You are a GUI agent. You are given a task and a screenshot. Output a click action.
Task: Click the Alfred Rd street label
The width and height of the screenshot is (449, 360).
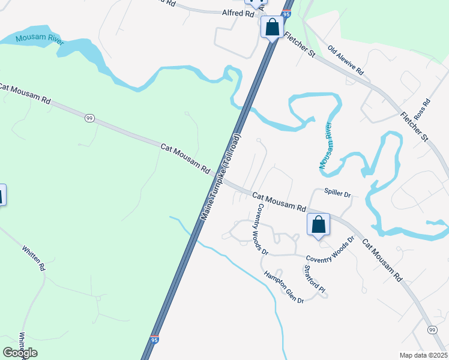click(238, 13)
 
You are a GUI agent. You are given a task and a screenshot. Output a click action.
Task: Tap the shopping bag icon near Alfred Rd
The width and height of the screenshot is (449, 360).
click(273, 28)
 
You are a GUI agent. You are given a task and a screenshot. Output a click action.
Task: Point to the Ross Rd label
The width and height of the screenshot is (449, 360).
click(424, 109)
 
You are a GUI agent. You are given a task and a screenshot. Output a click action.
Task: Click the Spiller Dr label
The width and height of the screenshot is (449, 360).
click(337, 193)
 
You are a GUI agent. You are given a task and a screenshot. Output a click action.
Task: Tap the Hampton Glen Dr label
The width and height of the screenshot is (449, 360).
click(284, 286)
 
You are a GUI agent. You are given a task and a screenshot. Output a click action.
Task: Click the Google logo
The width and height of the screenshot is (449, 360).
click(20, 353)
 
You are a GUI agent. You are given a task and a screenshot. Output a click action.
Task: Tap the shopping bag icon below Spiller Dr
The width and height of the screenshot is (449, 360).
click(319, 225)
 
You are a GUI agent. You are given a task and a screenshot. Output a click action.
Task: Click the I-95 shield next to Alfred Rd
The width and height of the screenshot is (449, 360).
click(286, 13)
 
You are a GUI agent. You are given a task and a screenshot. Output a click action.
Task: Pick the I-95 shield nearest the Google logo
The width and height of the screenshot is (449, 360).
click(155, 340)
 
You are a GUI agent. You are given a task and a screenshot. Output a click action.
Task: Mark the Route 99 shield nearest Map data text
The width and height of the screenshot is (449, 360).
click(432, 330)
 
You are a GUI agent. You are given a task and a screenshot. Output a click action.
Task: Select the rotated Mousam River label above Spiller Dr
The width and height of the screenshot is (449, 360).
click(325, 147)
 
